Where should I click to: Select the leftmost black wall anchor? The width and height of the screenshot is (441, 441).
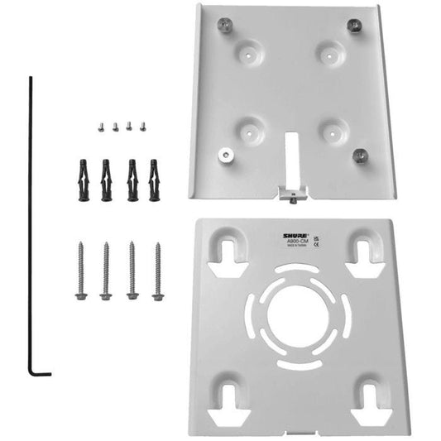click(81, 179)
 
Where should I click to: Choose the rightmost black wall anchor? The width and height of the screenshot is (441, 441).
click(154, 179)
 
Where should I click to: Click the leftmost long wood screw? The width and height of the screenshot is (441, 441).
click(81, 271)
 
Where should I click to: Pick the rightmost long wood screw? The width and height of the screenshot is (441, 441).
click(156, 271)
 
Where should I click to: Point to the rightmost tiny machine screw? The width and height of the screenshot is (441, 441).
click(142, 126)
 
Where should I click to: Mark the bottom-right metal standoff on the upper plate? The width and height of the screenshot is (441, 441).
click(359, 156)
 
